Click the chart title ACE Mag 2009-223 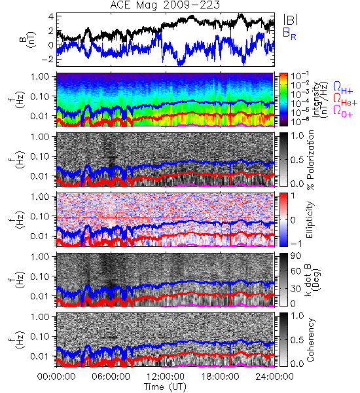pos(165,5)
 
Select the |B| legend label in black pos(291,20)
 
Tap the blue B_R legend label pos(289,34)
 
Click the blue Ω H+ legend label pos(343,88)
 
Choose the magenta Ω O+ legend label pos(343,111)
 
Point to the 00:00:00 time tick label pos(56,377)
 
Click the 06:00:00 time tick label pos(111,377)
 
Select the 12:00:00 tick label pos(166,377)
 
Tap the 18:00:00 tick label pos(220,377)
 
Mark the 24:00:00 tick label pos(274,377)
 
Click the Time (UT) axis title pos(165,386)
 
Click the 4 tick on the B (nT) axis pos(51,16)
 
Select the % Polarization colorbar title pos(311,160)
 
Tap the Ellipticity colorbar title pos(310,219)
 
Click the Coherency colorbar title pos(310,340)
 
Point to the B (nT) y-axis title pos(27,39)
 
